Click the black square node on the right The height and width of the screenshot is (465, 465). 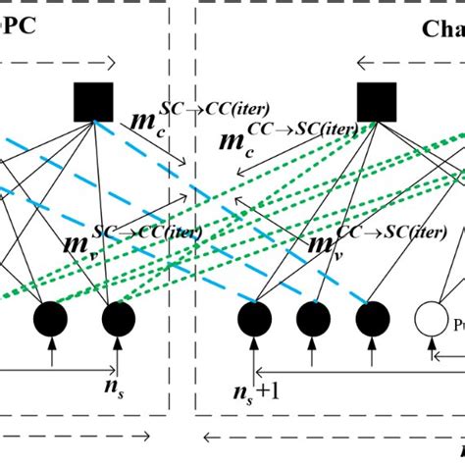375,101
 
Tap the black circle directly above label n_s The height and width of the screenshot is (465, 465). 117,320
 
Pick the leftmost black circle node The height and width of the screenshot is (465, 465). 52,320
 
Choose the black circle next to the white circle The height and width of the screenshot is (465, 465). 373,320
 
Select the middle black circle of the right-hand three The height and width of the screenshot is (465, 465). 314,320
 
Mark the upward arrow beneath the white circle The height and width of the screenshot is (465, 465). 432,355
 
